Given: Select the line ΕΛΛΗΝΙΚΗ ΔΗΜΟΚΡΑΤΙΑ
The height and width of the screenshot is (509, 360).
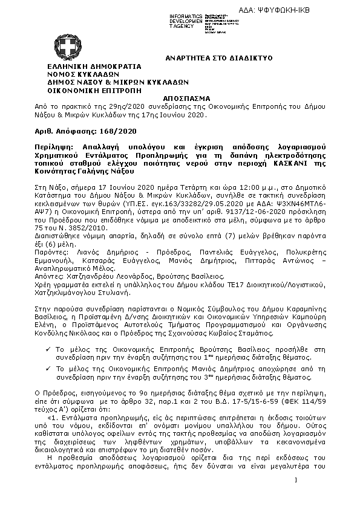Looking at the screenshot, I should [x=94, y=66].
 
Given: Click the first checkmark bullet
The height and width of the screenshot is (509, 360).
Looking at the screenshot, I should [x=48, y=349].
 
